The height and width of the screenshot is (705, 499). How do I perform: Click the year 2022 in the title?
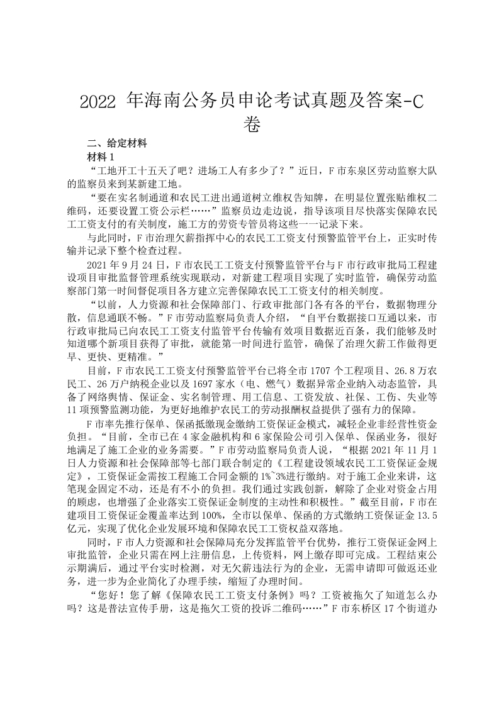pos(99,103)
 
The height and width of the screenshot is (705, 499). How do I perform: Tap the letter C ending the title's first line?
pos(416,103)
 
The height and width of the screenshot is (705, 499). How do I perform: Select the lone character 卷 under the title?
pos(250,125)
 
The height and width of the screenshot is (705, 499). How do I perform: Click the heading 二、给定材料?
pos(116,143)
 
